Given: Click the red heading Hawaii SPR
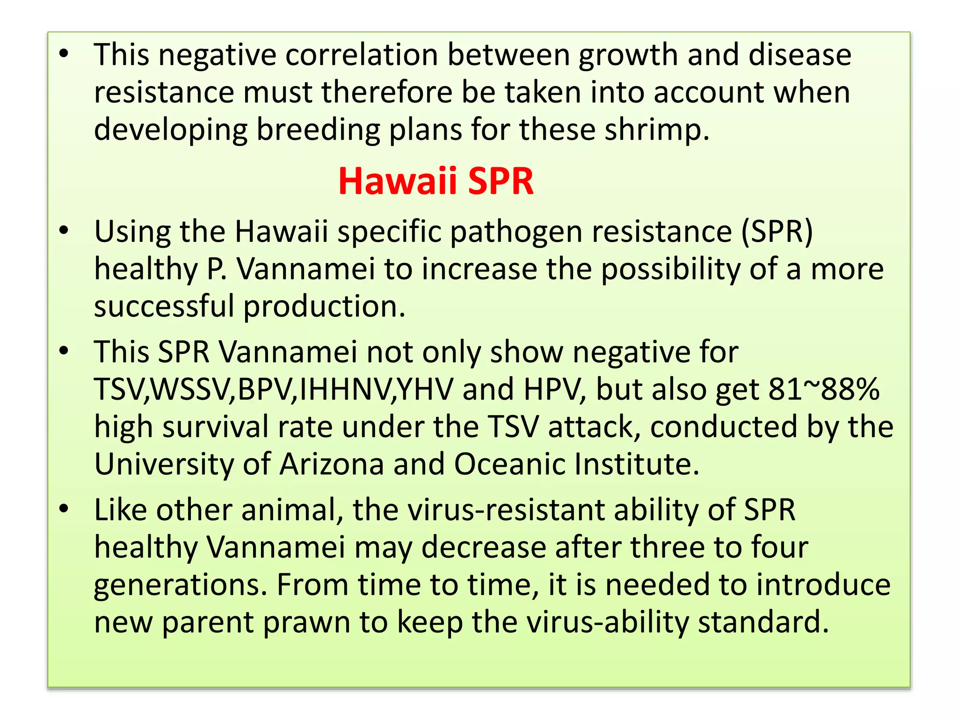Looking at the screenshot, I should [435, 181].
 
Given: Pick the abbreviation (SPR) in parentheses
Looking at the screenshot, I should [777, 232].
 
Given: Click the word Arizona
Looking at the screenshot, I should [332, 464].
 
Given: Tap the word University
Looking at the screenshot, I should [164, 464].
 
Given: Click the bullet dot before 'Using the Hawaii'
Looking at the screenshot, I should [64, 230].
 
